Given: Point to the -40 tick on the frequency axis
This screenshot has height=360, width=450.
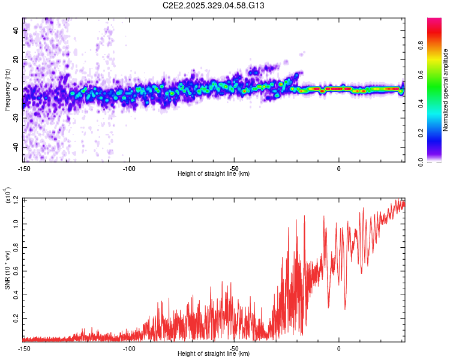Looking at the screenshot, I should (x=16, y=147).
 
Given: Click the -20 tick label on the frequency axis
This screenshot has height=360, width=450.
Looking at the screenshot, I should (x=16, y=118).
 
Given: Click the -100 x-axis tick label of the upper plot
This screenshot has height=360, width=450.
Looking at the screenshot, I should (x=128, y=169).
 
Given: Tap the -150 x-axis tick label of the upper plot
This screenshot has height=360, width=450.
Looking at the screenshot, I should (x=23, y=169).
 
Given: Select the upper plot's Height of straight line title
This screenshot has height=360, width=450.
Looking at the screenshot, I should (x=214, y=174).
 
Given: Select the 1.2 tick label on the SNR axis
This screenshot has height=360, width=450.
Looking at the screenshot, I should (x=17, y=200).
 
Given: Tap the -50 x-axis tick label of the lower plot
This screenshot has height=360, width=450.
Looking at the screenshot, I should (x=234, y=349).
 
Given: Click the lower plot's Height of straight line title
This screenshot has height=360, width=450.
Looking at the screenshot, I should (x=214, y=354).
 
